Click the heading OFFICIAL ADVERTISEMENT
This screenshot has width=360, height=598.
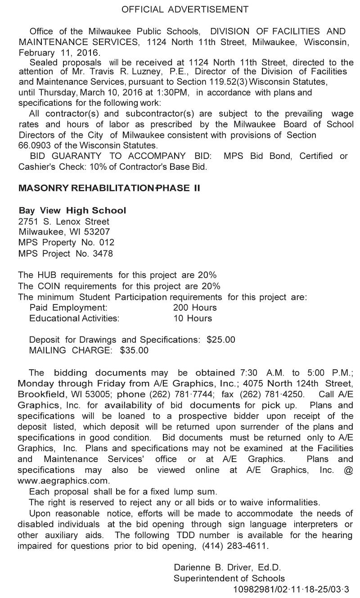(185, 9)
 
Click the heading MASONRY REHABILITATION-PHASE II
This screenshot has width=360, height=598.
(109, 188)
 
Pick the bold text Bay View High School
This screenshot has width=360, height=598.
(72, 211)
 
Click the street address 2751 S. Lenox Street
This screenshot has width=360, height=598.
(64, 222)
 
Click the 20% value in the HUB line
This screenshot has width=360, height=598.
(211, 275)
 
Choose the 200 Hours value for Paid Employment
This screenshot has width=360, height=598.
(195, 308)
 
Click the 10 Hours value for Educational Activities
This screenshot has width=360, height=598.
(193, 318)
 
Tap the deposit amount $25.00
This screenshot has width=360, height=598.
(220, 340)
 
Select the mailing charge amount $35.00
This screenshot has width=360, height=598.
(134, 350)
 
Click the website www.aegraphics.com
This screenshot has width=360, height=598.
(63, 480)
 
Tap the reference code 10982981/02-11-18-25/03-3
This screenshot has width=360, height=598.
(291, 589)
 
